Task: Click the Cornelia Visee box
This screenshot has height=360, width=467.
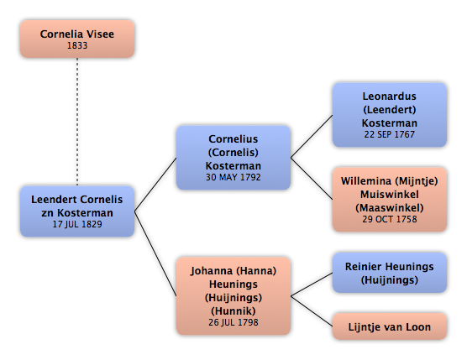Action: click(77, 39)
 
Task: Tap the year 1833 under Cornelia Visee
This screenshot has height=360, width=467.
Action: click(77, 45)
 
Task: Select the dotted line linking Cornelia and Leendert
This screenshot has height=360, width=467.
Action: click(77, 122)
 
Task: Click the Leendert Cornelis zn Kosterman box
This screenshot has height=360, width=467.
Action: click(77, 211)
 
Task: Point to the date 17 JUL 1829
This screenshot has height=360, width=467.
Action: click(77, 224)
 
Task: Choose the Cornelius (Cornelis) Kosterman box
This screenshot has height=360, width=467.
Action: click(233, 158)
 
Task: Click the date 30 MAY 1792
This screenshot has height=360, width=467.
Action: click(233, 177)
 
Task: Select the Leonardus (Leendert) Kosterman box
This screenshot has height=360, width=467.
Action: click(390, 115)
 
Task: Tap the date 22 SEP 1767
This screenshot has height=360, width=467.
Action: click(390, 134)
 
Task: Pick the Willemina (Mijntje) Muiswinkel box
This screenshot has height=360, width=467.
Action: click(390, 200)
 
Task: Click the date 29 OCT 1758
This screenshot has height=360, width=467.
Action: click(390, 219)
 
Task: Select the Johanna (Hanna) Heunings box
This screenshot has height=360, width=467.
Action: click(233, 296)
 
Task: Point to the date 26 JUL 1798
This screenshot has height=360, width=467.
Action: click(233, 322)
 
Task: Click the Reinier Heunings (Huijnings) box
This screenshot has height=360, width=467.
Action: click(390, 273)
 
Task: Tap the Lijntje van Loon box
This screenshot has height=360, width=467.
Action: click(390, 326)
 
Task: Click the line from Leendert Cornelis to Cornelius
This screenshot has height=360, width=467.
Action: click(155, 185)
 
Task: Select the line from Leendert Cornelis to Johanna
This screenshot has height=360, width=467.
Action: click(155, 253)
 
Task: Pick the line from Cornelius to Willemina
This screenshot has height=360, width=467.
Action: click(312, 179)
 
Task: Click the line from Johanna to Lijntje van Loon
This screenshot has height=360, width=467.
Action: click(312, 311)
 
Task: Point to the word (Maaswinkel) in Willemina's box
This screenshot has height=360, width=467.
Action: click(390, 207)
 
